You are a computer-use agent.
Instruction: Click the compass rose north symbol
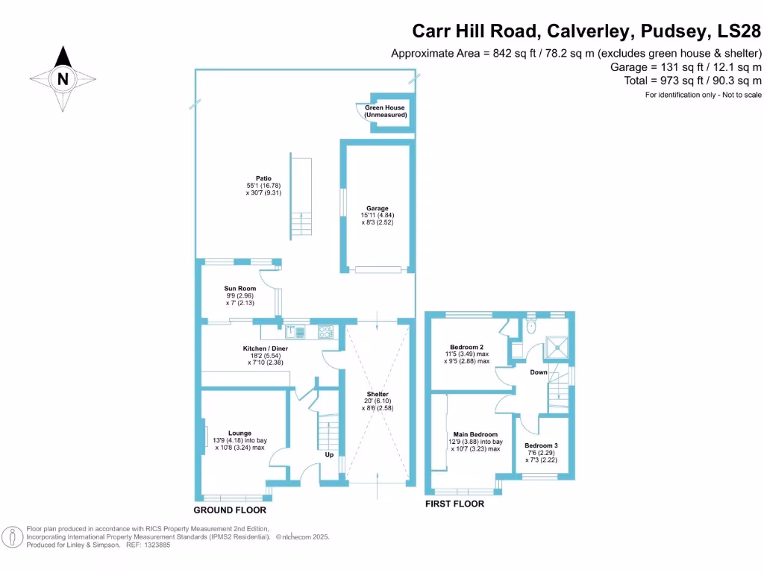click(x=63, y=78)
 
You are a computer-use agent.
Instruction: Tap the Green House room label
click(x=385, y=111)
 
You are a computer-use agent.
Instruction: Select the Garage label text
click(x=377, y=208)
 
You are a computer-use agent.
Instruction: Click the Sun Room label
click(x=240, y=289)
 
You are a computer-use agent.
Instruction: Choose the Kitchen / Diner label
click(x=265, y=348)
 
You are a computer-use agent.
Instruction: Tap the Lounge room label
click(x=239, y=433)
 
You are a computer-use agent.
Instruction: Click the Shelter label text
click(x=377, y=394)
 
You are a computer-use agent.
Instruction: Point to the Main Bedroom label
click(x=475, y=434)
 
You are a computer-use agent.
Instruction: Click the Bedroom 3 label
click(x=541, y=445)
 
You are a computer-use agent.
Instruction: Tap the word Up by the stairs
click(x=329, y=454)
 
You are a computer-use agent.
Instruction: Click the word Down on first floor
click(x=539, y=372)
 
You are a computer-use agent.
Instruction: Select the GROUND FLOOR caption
click(x=230, y=510)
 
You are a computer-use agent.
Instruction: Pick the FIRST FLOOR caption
click(x=454, y=504)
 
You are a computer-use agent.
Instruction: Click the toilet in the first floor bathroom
click(x=530, y=327)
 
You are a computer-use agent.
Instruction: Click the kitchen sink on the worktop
click(x=292, y=331)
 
